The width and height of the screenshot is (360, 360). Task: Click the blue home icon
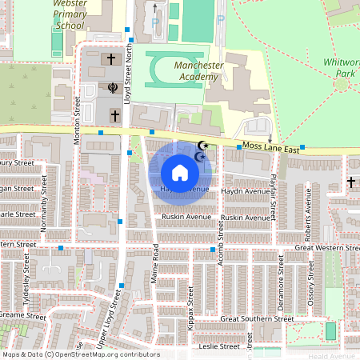click(180, 173)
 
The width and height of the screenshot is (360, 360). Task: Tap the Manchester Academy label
click(185, 70)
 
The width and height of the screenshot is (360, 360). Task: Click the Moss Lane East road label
click(272, 150)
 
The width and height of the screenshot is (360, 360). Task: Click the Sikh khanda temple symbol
click(113, 88)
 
